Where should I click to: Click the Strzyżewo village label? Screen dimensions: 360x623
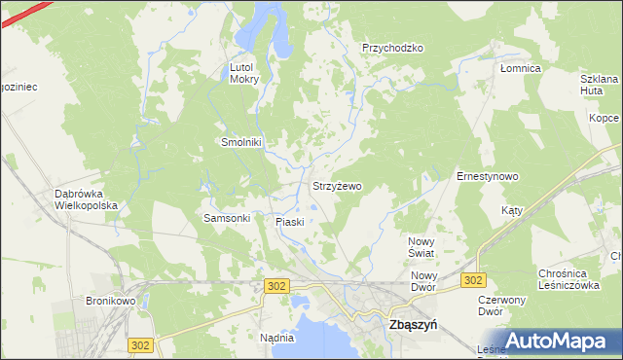(337, 185)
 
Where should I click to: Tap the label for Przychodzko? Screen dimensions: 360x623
(392, 48)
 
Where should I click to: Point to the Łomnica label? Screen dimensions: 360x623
(520, 69)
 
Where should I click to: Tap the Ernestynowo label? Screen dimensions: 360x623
(487, 176)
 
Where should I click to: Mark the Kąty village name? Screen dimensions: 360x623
(513, 210)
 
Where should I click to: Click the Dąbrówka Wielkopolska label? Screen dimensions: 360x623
(86, 199)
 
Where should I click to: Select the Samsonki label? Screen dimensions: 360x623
(227, 218)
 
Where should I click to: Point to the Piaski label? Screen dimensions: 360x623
(289, 222)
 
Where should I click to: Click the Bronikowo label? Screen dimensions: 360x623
(110, 302)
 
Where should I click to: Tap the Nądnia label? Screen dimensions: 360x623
(277, 338)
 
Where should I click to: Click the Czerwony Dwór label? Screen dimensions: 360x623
(502, 306)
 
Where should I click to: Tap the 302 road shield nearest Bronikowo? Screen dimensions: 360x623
(140, 345)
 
